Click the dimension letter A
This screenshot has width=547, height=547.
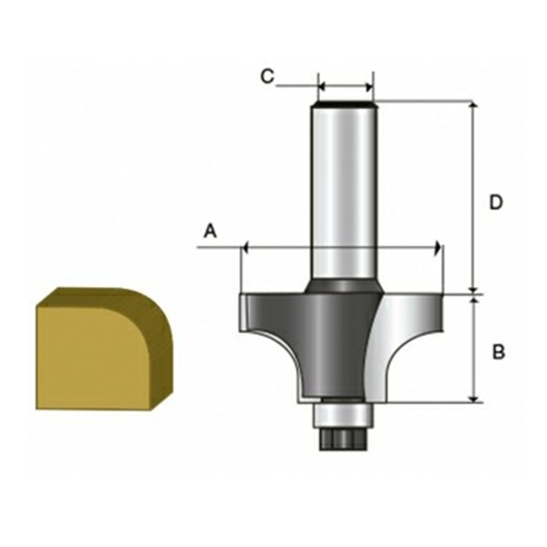pyautogui.click(x=210, y=231)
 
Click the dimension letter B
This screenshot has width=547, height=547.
pyautogui.click(x=498, y=353)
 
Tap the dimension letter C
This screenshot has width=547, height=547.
pyautogui.click(x=267, y=77)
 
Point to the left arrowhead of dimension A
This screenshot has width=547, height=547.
pyautogui.click(x=245, y=248)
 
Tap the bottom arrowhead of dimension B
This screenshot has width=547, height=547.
pyautogui.click(x=474, y=399)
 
